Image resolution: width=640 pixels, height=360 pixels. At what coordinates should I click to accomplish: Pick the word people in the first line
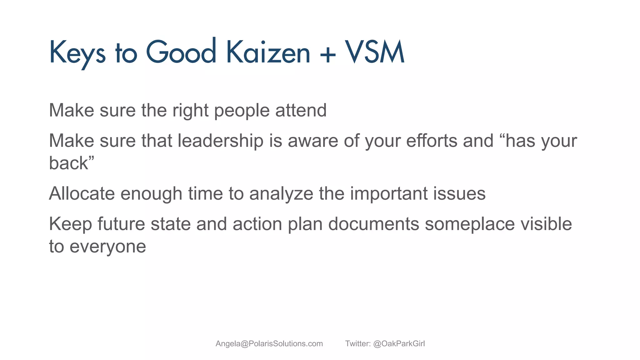point(242,111)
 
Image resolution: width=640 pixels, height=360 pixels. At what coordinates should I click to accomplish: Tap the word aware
point(313,141)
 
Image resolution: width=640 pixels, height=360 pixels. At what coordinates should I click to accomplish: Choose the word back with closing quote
point(72,163)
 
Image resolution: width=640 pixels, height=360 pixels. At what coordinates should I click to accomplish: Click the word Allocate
point(82,193)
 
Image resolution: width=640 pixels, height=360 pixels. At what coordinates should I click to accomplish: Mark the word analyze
point(281,194)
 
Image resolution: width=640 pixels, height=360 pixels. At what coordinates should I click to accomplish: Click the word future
point(121,224)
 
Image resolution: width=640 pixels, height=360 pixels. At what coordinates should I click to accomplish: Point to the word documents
point(373,224)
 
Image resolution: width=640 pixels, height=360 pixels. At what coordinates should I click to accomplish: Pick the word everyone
point(107,247)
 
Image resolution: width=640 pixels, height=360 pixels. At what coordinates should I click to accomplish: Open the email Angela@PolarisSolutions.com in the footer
point(269,344)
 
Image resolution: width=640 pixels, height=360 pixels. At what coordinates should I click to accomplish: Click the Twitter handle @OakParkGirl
point(399,344)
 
